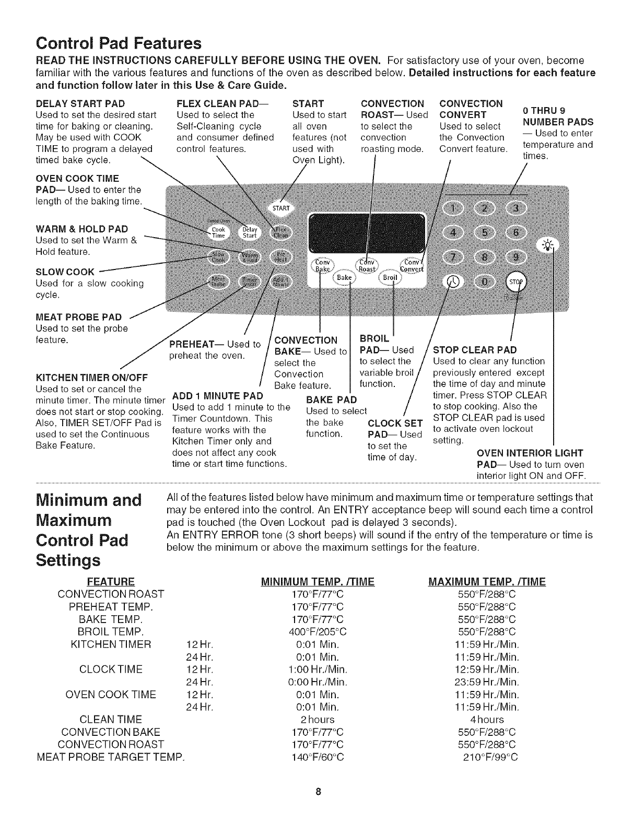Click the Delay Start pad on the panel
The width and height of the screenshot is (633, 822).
249,233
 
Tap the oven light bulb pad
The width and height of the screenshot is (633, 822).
547,244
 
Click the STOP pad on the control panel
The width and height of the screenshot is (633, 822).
516,283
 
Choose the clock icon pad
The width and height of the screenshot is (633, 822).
452,282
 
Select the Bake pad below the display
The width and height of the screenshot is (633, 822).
344,277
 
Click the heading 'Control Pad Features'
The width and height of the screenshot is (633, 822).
118,42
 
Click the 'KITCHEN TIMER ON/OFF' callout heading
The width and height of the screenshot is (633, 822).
91,378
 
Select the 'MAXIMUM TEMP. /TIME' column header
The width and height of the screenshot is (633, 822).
486,582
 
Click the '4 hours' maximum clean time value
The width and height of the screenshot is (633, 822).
486,720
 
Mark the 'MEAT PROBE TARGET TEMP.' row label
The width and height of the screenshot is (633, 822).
111,757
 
